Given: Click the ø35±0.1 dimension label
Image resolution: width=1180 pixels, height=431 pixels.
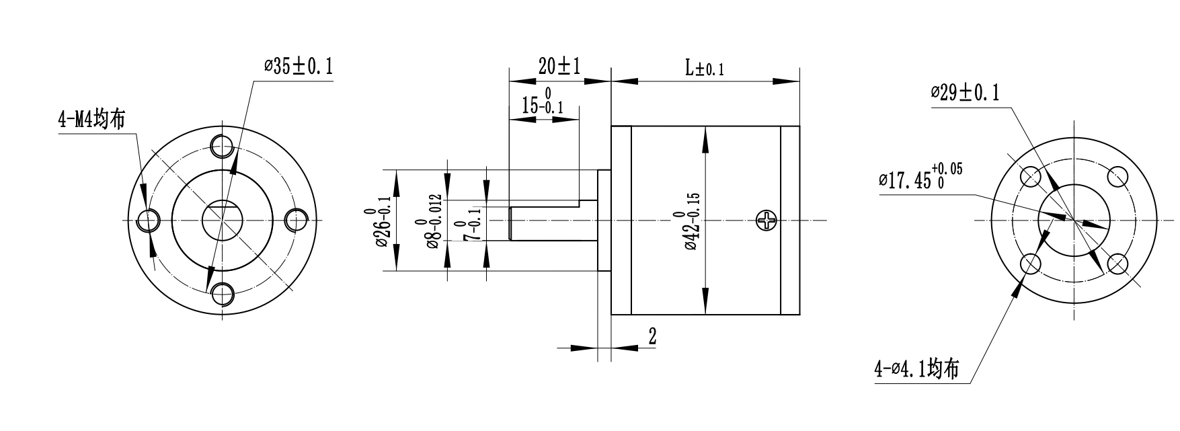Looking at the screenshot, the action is tap(299, 67).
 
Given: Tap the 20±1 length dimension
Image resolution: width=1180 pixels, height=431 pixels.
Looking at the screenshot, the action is tap(559, 66).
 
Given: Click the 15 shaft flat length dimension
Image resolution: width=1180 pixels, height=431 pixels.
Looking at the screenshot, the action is tap(543, 102).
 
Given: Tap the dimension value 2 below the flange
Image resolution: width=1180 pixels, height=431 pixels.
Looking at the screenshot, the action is tap(652, 336).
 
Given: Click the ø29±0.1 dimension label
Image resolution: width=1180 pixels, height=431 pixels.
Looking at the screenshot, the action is tap(965, 93).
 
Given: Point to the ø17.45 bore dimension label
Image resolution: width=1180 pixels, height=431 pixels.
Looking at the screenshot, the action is tap(920, 178).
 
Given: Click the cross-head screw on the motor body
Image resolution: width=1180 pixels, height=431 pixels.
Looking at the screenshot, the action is tap(766, 220).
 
